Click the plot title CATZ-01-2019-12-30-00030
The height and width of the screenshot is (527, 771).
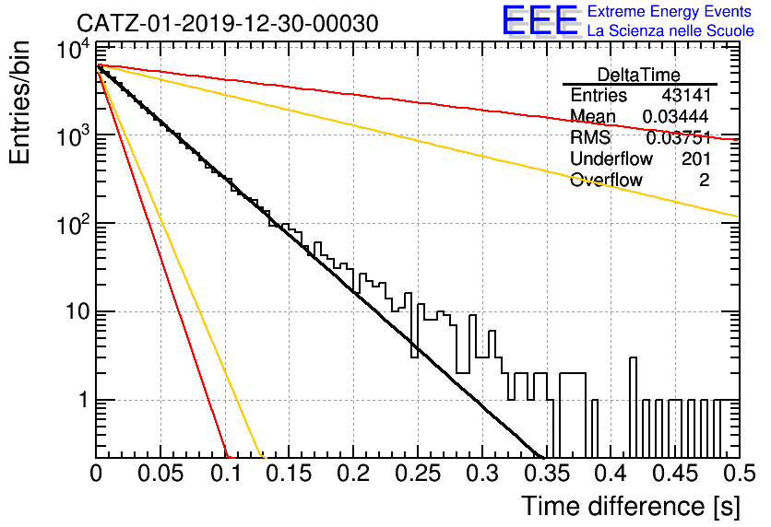pyautogui.click(x=227, y=23)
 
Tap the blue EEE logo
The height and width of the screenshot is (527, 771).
pyautogui.click(x=540, y=20)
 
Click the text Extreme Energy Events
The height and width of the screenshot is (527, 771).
pyautogui.click(x=670, y=11)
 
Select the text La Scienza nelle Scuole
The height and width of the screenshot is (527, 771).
pyautogui.click(x=670, y=30)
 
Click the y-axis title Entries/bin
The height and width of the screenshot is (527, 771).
pyautogui.click(x=19, y=102)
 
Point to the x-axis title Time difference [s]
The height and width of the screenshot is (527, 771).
pyautogui.click(x=631, y=507)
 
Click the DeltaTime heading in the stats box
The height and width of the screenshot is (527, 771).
pyautogui.click(x=638, y=76)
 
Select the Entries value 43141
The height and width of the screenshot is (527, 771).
pyautogui.click(x=686, y=95)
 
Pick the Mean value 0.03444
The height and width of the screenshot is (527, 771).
pyautogui.click(x=675, y=116)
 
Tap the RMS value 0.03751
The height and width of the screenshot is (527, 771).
pyautogui.click(x=678, y=138)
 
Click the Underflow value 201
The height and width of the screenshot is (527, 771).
pyautogui.click(x=695, y=158)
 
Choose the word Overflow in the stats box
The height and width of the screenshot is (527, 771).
pyautogui.click(x=606, y=181)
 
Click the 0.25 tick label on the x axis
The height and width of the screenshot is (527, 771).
pyautogui.click(x=418, y=474)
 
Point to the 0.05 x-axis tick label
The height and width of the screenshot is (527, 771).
pyautogui.click(x=160, y=474)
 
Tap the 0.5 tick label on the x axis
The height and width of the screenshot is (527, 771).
pyautogui.click(x=739, y=474)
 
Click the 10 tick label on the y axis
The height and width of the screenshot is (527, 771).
pyautogui.click(x=77, y=311)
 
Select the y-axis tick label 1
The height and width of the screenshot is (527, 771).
pyautogui.click(x=83, y=400)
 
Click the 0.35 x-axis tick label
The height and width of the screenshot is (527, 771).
pyautogui.click(x=546, y=474)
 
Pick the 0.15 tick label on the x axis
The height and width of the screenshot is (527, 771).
pyautogui.click(x=289, y=474)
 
